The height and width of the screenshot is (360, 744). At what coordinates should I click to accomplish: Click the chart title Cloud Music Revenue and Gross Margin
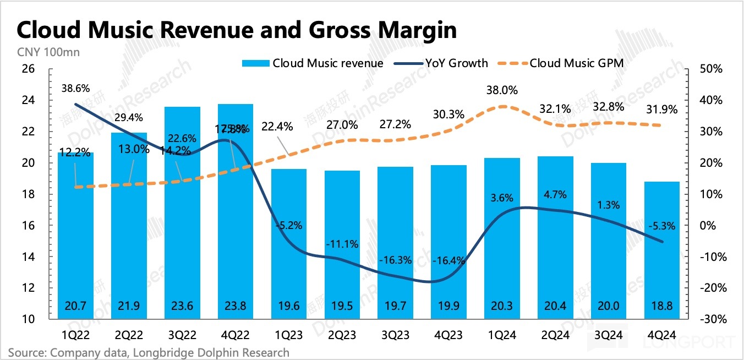point(237,30)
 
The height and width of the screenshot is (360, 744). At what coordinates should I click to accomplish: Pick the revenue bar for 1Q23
point(289,242)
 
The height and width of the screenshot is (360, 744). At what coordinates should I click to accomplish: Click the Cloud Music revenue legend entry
point(313,63)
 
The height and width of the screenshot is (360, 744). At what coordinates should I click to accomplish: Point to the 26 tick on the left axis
point(27,69)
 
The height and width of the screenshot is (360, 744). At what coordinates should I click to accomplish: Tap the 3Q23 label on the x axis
point(396,334)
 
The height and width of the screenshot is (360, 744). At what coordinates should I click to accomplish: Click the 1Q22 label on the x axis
point(75,334)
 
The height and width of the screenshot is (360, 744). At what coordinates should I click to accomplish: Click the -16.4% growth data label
point(450,260)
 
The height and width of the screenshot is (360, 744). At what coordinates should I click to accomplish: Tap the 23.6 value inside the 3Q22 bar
point(182,307)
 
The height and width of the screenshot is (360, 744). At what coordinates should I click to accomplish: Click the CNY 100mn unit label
point(41,53)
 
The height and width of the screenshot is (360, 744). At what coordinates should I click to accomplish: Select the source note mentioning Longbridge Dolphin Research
point(149,352)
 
